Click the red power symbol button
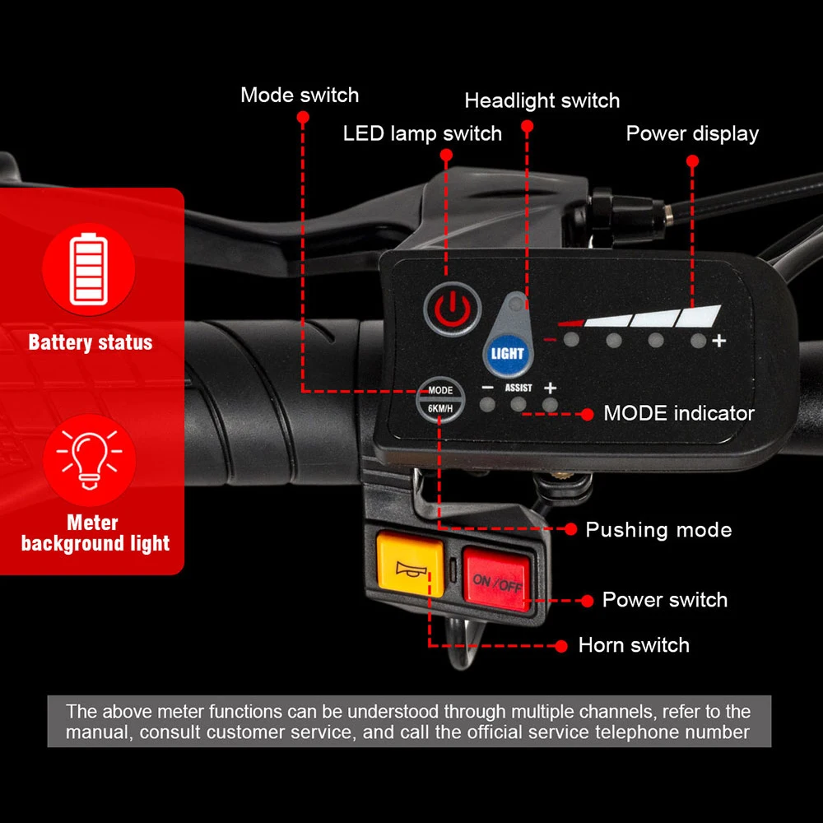(x=451, y=309)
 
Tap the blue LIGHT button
(x=507, y=354)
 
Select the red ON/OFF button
(x=497, y=581)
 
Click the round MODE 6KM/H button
(x=440, y=398)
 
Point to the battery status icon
(x=88, y=269)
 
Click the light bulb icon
(x=88, y=458)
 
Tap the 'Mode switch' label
(x=300, y=95)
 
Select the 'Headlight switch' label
(x=542, y=101)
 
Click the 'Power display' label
(x=692, y=133)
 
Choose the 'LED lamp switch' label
(x=422, y=133)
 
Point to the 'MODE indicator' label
(x=679, y=413)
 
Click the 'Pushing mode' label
(x=658, y=529)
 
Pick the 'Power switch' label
(x=665, y=600)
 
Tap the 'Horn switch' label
(x=634, y=645)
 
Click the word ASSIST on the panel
(x=518, y=388)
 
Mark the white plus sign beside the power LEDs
(x=719, y=341)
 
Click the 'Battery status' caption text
(x=91, y=342)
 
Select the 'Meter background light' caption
(x=95, y=533)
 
